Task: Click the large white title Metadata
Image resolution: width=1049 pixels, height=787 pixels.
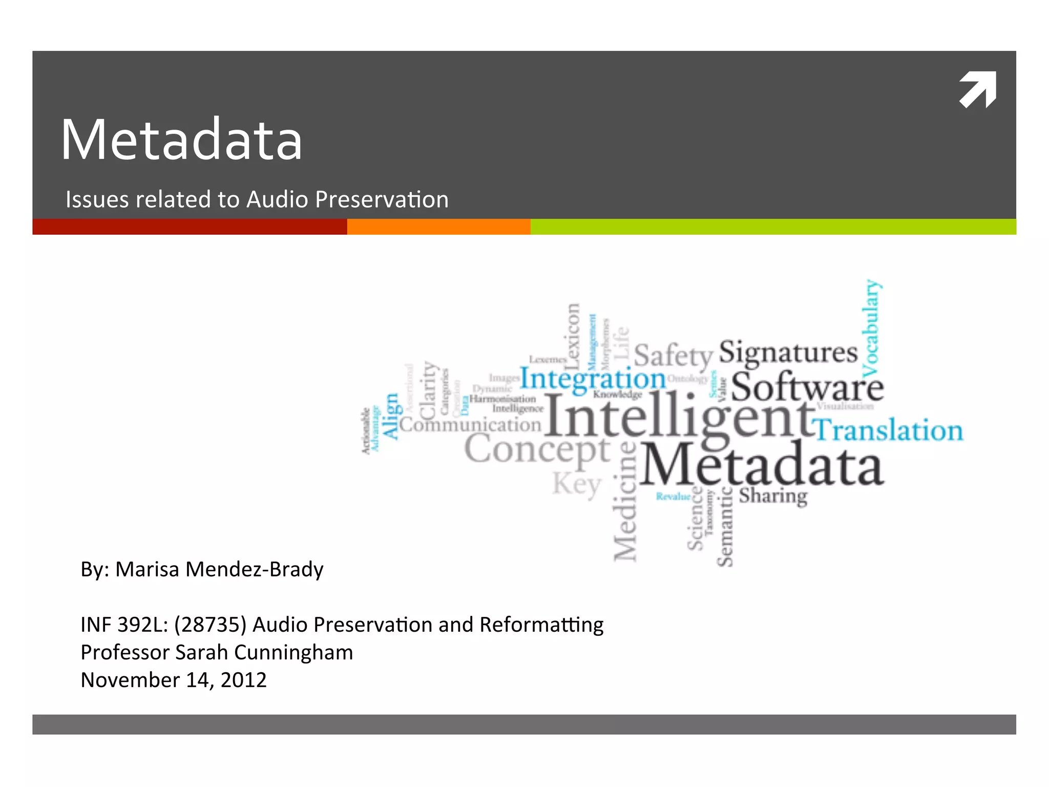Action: (182, 140)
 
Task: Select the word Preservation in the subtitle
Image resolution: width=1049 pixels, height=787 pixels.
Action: (382, 199)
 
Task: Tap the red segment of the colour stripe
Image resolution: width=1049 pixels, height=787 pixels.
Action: (190, 226)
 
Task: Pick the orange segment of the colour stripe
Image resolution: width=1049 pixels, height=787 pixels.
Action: (438, 226)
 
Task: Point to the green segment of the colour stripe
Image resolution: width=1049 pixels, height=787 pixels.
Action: (773, 226)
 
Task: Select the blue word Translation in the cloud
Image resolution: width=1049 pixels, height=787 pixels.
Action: (889, 430)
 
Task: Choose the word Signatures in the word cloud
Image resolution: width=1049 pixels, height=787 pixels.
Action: (788, 353)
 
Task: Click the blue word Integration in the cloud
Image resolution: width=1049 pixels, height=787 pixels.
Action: (593, 380)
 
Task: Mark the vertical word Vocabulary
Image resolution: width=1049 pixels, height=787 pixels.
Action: (871, 328)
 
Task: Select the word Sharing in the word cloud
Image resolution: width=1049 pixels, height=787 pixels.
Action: (773, 496)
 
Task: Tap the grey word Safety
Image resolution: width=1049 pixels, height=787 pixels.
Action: (673, 356)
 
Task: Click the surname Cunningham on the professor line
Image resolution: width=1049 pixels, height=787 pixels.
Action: (293, 652)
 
